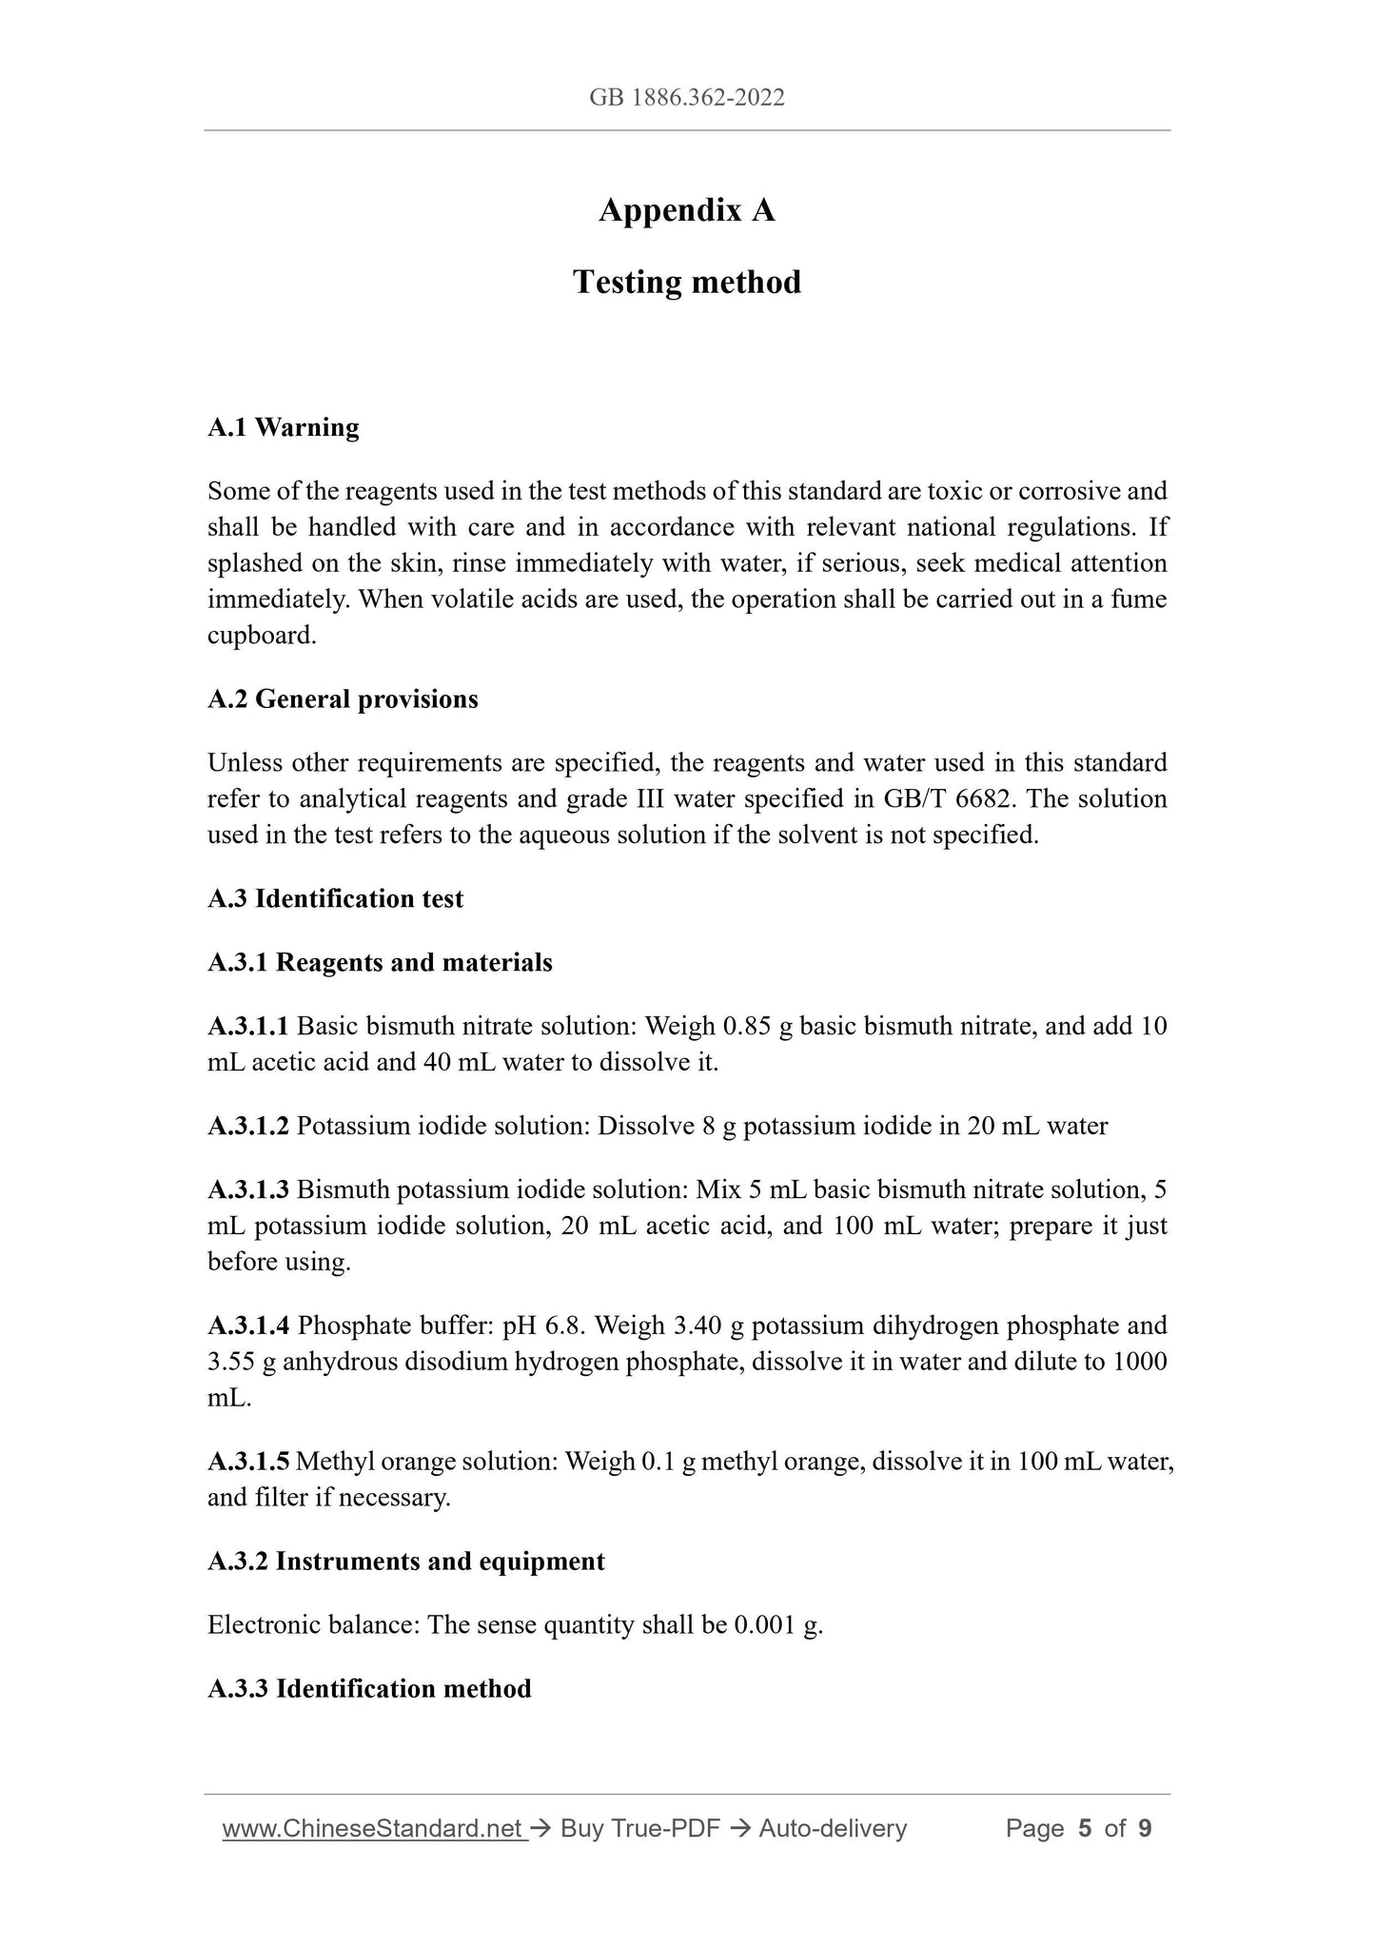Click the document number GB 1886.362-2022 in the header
(687, 98)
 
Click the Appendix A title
(687, 210)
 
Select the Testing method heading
(687, 283)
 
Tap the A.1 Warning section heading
(284, 427)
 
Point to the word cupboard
(262, 636)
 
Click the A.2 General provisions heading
(343, 699)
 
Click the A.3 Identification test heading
(335, 899)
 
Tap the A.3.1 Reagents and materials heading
(380, 963)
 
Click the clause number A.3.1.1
(247, 1026)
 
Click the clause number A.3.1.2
(247, 1127)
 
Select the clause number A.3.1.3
(247, 1189)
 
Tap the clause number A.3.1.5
(247, 1462)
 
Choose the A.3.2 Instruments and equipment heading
(405, 1562)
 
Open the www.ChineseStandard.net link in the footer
(374, 1828)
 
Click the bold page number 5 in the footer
(1085, 1828)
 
